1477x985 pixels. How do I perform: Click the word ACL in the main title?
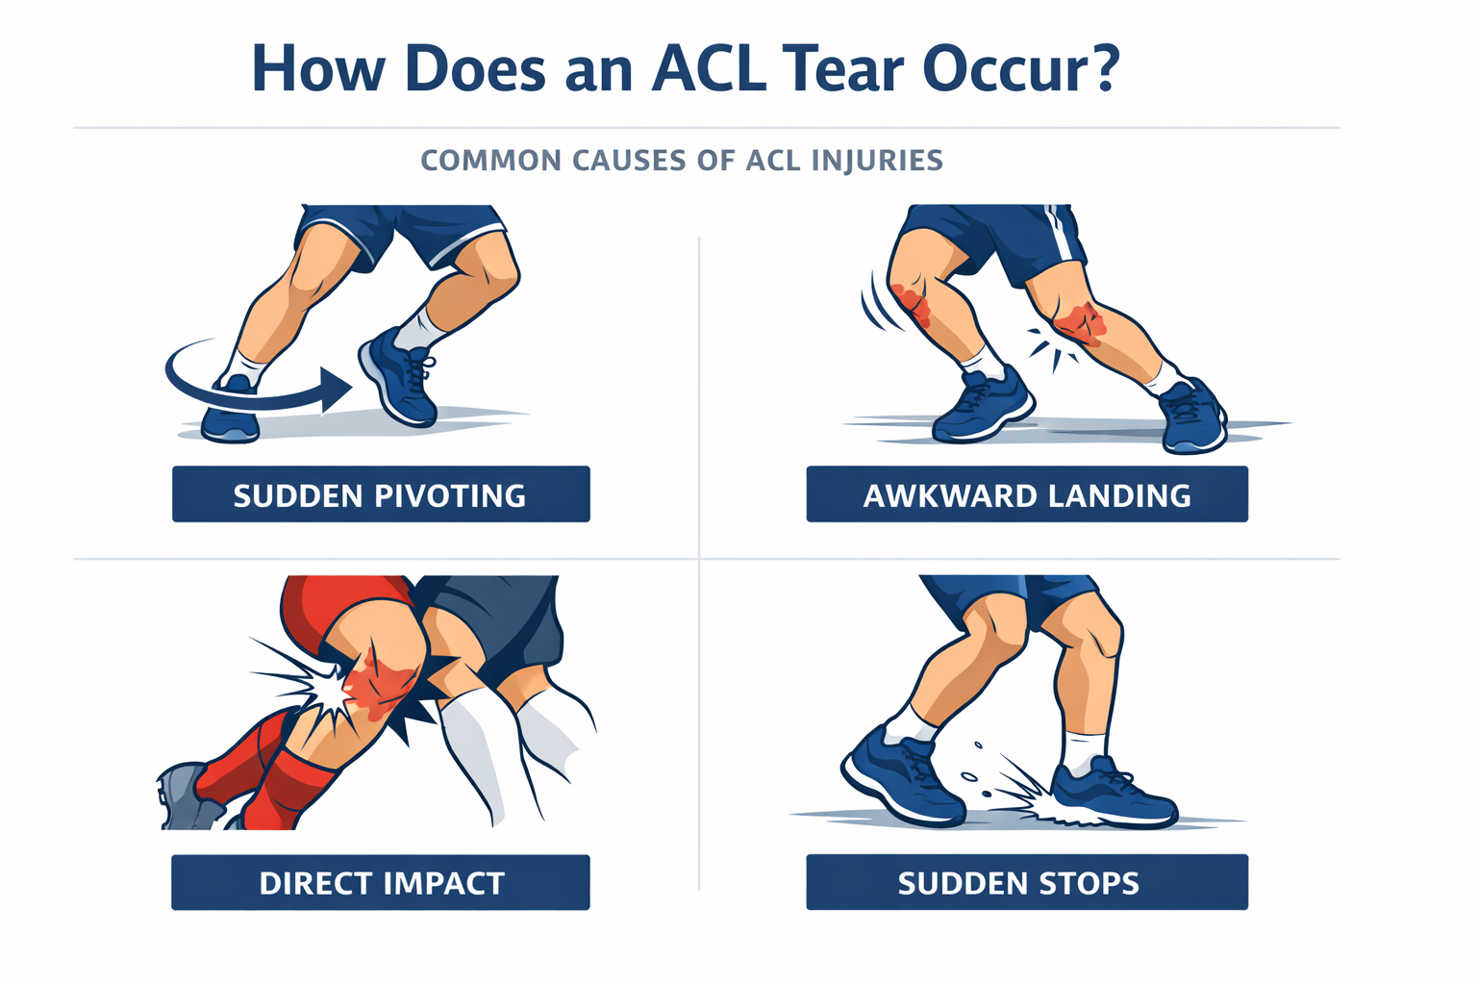pyautogui.click(x=710, y=68)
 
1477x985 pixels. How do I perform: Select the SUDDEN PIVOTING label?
pyautogui.click(x=381, y=494)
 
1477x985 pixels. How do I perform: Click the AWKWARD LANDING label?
pyautogui.click(x=1027, y=494)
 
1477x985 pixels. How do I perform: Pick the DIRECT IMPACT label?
pyautogui.click(x=381, y=883)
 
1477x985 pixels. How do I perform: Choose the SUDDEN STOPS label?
pyautogui.click(x=1027, y=883)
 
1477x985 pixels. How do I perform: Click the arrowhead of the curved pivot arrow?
pyautogui.click(x=336, y=390)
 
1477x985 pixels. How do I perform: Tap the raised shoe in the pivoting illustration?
pyautogui.click(x=397, y=377)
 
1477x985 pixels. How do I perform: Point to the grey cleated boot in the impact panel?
pyautogui.click(x=187, y=796)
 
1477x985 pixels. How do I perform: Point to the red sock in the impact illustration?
pyautogui.click(x=290, y=789)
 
